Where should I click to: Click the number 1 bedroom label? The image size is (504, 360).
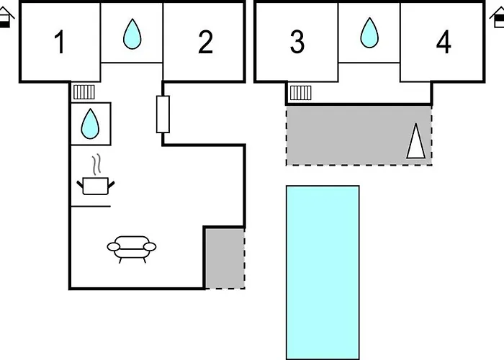(60, 42)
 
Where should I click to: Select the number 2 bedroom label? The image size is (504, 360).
(205, 42)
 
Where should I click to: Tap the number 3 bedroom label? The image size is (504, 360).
(297, 42)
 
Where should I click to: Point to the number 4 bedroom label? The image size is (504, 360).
(444, 42)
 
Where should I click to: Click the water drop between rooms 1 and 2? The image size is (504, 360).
(132, 33)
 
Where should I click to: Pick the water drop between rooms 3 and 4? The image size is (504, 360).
(369, 32)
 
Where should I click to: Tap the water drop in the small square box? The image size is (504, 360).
(91, 123)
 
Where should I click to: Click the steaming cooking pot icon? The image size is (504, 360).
(95, 185)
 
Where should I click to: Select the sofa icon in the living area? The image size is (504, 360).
(132, 248)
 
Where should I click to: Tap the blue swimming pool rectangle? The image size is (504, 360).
(323, 271)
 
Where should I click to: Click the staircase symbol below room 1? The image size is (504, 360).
(84, 91)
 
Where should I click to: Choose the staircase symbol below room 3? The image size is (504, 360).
(300, 91)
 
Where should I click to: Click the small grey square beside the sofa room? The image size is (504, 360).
(224, 258)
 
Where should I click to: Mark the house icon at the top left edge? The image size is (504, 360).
(5, 18)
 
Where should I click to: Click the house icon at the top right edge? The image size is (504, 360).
(500, 18)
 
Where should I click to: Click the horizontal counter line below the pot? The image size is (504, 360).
(90, 207)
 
